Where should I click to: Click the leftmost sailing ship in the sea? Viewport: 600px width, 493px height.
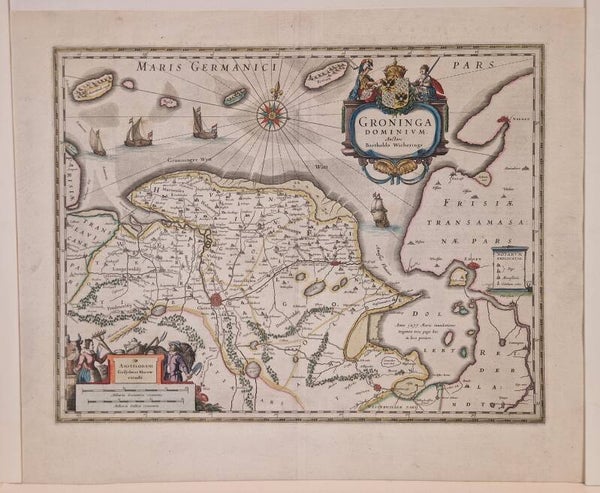(x=97, y=143)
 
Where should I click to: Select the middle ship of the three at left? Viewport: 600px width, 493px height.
(x=138, y=132)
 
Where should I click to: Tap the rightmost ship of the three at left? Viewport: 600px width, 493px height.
(x=204, y=124)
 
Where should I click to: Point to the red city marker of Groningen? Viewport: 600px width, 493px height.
(x=215, y=298)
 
